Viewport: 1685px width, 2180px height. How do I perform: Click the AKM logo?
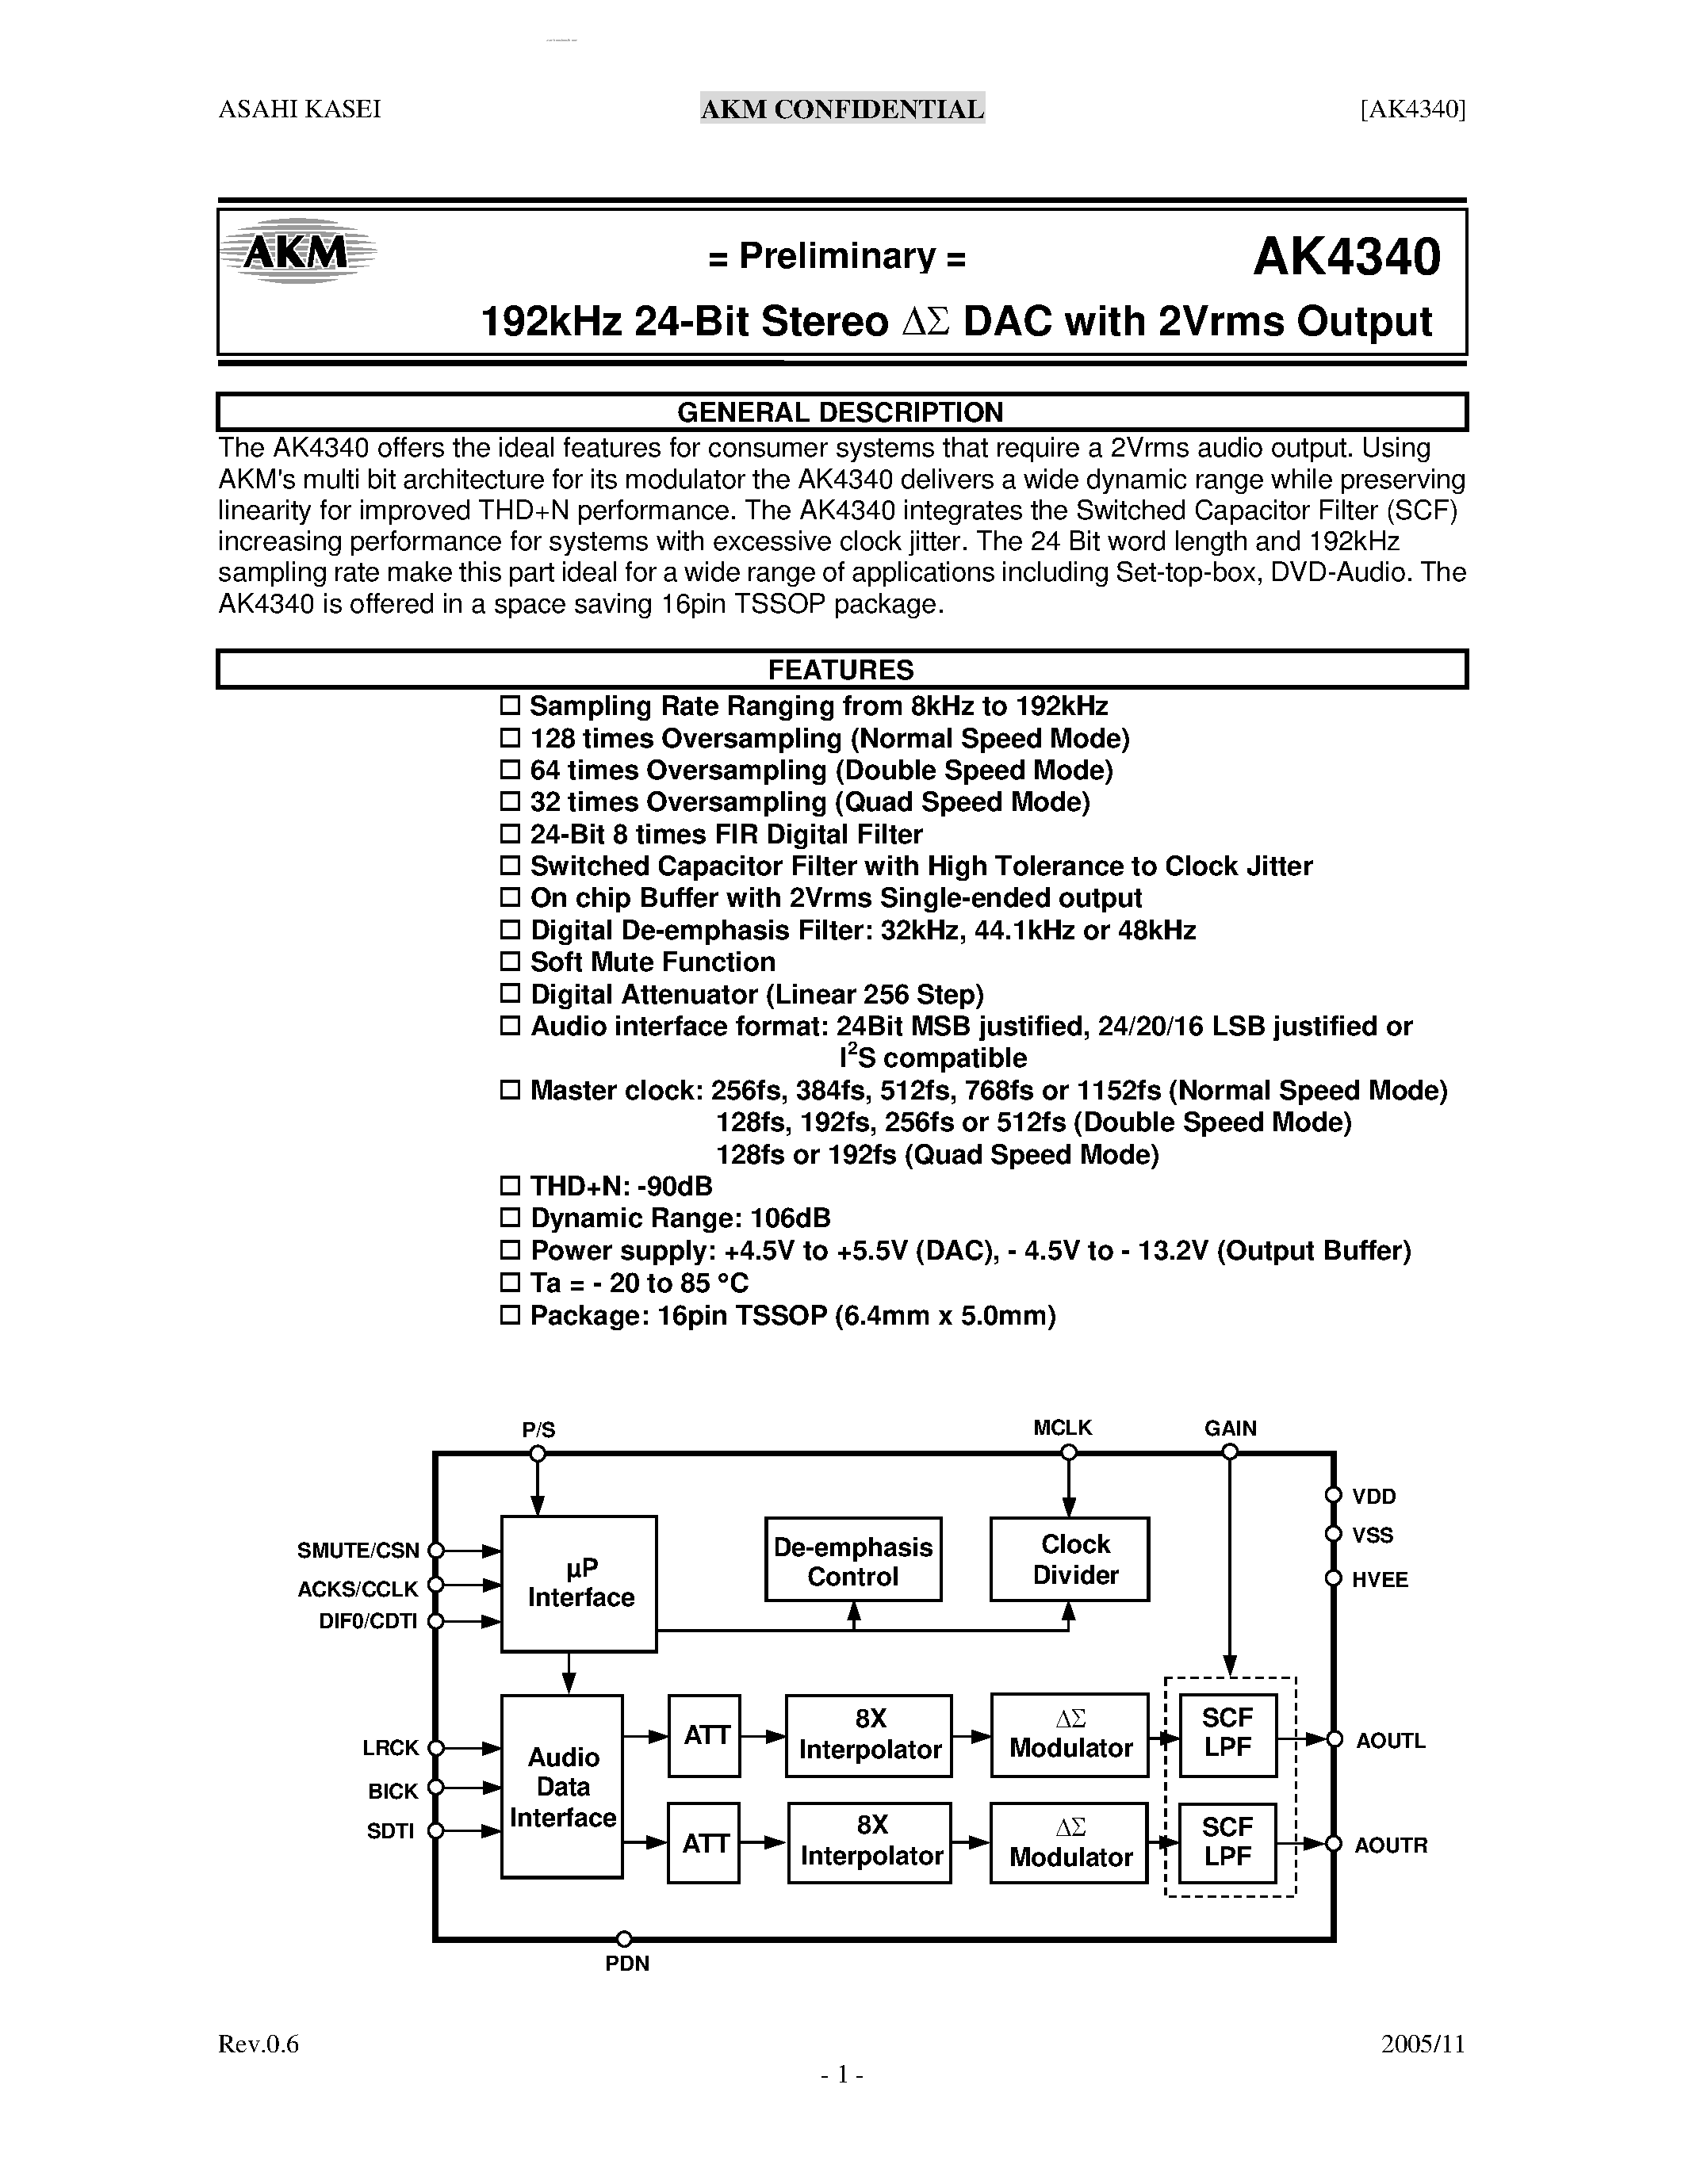coord(297,251)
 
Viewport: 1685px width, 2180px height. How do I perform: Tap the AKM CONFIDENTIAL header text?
coord(841,109)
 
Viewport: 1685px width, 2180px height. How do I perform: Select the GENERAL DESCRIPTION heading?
coord(840,412)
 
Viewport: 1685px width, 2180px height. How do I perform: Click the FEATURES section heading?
coord(841,670)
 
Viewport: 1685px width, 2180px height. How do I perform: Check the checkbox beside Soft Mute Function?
coord(510,962)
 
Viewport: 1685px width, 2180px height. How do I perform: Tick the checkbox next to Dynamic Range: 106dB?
coord(510,1218)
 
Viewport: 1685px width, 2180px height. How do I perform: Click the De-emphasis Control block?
coord(852,1561)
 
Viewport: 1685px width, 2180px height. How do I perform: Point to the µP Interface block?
coord(580,1583)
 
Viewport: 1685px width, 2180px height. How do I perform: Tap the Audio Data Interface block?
coord(562,1787)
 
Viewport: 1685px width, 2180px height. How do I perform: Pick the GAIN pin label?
coord(1230,1428)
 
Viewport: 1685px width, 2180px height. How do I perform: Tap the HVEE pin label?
coord(1380,1580)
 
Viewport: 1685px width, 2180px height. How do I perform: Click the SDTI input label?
coord(390,1830)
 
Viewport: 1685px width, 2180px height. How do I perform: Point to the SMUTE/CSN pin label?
coord(358,1550)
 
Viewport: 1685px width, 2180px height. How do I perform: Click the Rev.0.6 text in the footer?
coord(258,2044)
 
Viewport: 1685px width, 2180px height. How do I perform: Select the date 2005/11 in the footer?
coord(1423,2044)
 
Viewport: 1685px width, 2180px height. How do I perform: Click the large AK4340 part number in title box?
coord(1346,257)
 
